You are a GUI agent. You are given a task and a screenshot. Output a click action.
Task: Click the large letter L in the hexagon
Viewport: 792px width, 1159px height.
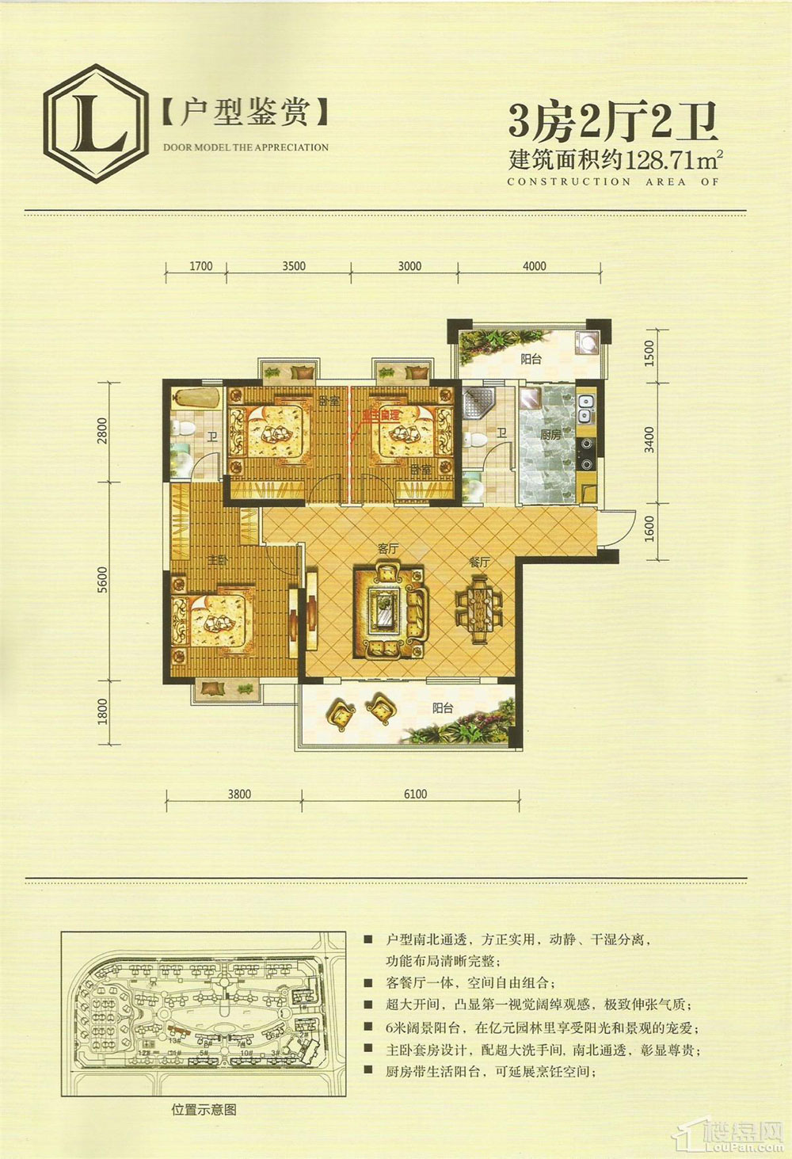tap(96, 126)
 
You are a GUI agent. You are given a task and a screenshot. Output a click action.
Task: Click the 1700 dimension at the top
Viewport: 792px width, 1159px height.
tap(201, 266)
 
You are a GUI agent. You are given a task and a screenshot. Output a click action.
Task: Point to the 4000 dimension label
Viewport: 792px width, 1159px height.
tap(535, 266)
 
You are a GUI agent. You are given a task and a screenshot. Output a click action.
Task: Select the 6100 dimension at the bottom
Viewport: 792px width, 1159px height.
tap(414, 794)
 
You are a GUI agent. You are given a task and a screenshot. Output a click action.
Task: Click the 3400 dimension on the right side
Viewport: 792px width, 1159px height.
tap(649, 440)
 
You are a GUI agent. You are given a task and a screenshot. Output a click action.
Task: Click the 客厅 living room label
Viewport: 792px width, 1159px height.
tap(387, 548)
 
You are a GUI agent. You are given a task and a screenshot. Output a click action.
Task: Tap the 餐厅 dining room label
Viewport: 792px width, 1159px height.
tap(480, 561)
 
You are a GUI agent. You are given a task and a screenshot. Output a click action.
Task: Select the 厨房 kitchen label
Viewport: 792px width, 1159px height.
tap(550, 435)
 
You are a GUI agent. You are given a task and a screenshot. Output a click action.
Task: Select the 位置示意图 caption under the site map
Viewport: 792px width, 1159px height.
tap(204, 1110)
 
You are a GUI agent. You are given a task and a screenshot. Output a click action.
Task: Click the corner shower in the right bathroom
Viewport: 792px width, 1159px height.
tap(478, 403)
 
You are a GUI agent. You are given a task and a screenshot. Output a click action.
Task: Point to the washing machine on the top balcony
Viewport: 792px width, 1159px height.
tap(587, 342)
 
